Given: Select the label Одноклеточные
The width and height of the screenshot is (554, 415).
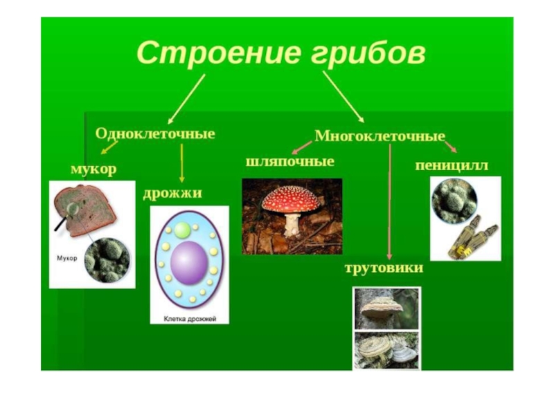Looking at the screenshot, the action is (154, 133).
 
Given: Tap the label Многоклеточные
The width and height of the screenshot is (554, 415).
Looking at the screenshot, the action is (379, 136).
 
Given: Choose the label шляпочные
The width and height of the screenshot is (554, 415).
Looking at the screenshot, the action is (289, 161).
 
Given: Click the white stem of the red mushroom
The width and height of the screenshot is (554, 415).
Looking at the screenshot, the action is (293, 223).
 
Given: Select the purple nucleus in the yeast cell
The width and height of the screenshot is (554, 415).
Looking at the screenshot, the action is (188, 262).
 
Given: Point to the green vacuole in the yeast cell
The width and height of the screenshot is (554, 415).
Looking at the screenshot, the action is (182, 230).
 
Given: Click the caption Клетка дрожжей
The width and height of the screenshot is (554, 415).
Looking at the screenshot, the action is (190, 319).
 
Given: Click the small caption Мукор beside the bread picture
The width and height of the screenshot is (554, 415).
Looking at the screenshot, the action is (66, 257).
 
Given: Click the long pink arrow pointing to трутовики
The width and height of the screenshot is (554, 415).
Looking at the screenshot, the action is (390, 201).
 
